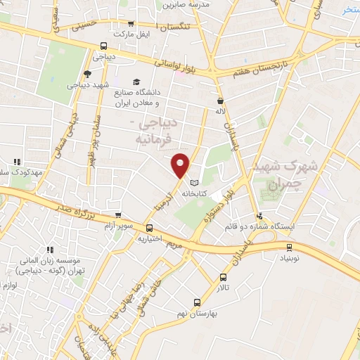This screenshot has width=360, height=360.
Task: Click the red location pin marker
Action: coord(181,165)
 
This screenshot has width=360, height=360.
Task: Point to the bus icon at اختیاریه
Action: coord(149,228)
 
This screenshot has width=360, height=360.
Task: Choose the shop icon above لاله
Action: coord(220,101)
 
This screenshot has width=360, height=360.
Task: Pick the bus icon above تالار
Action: coord(224,277)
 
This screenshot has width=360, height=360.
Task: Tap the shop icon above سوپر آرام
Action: coord(118,216)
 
